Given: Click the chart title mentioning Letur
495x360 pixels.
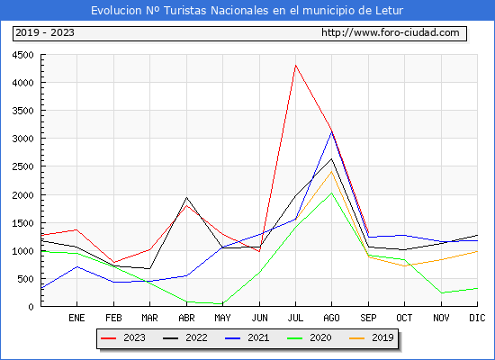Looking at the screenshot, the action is click(247, 11).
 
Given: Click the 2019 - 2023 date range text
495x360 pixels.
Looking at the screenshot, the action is click(45, 32).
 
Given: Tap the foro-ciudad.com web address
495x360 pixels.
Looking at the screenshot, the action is click(391, 32).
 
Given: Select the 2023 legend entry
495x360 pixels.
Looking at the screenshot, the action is click(123, 337).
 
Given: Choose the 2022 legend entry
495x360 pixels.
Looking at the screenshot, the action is click(185, 337).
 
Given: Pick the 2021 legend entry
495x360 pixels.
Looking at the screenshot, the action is click(247, 337).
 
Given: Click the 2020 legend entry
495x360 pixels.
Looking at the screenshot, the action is click(310, 337).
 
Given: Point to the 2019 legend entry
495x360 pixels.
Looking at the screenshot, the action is click(372, 337).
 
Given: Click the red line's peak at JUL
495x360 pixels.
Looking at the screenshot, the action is click(295, 66).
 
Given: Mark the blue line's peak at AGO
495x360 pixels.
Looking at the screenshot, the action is click(331, 132).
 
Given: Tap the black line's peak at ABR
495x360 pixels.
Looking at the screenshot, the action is click(186, 198).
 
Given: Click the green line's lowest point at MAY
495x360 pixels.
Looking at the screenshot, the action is click(222, 304).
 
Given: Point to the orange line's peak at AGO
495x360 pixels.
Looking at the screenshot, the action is click(331, 172).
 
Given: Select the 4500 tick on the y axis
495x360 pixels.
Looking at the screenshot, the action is click(22, 55).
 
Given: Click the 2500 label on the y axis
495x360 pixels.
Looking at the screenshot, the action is click(22, 166).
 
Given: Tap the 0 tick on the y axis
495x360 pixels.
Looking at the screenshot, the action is click(31, 307).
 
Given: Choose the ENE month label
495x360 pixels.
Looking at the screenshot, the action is click(76, 318).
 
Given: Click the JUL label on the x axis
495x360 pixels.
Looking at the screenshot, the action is click(295, 318).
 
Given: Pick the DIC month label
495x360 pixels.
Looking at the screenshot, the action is click(477, 318).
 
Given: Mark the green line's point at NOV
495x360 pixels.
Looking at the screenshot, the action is click(441, 293).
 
